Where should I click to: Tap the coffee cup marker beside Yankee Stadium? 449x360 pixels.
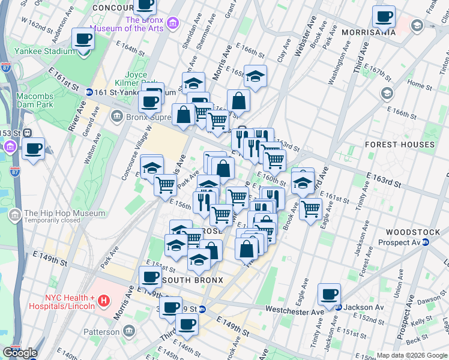[83, 40]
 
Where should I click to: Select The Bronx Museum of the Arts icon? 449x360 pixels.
[173, 23]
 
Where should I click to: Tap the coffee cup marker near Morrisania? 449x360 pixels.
[384, 17]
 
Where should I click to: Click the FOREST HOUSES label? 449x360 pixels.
[399, 145]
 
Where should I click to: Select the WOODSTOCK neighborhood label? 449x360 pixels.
[410, 232]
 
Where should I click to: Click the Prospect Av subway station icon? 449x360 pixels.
[425, 242]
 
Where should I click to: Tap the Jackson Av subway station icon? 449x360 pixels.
[339, 307]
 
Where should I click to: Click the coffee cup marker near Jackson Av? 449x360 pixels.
[329, 295]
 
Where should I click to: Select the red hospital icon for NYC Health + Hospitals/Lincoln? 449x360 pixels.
[104, 299]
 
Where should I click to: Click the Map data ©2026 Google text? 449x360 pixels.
[412, 355]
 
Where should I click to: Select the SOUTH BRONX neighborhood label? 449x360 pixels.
[192, 280]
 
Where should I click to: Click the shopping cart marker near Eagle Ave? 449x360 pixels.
[310, 209]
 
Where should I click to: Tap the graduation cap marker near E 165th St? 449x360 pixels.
[255, 76]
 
